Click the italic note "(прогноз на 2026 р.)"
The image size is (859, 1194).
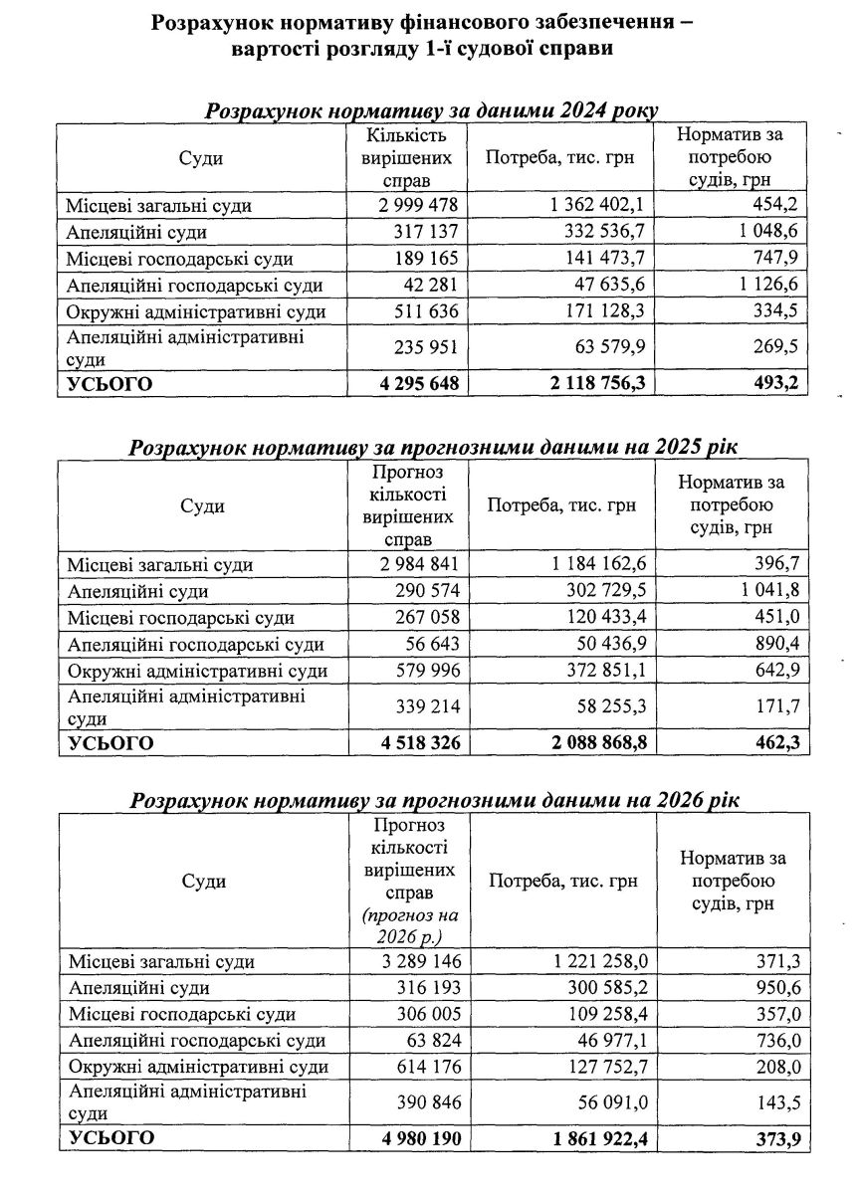[x=406, y=925]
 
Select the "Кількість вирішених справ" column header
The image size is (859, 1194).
[x=406, y=158]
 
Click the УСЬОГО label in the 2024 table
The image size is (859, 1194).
[x=109, y=384]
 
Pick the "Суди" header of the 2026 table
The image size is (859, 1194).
[x=204, y=882]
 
